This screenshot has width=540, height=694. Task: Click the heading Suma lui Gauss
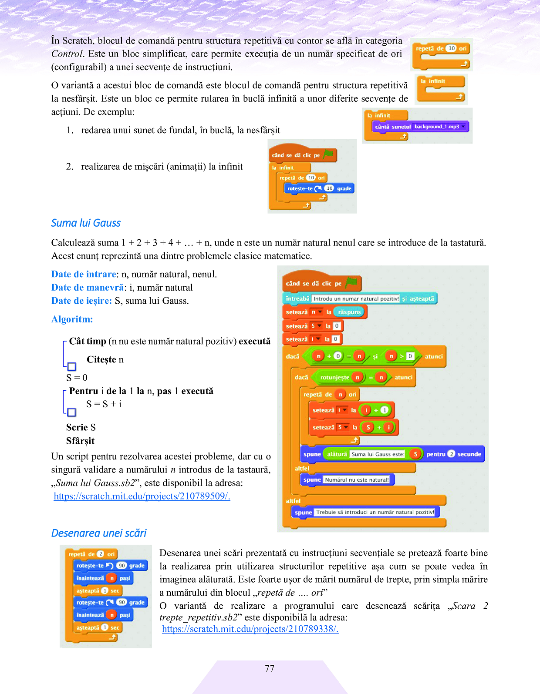pyautogui.click(x=86, y=223)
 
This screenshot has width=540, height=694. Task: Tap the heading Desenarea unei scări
pyautogui.click(x=99, y=533)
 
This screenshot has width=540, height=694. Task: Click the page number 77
pyautogui.click(x=270, y=668)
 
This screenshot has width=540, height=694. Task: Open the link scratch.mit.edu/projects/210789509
pyautogui.click(x=142, y=496)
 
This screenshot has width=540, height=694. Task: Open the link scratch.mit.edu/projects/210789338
pyautogui.click(x=250, y=629)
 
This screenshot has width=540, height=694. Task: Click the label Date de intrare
pyautogui.click(x=84, y=274)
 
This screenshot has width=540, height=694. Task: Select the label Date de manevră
pyautogui.click(x=88, y=287)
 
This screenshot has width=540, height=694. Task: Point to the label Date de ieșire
pyautogui.click(x=81, y=301)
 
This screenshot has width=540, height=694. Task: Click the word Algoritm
pyautogui.click(x=72, y=319)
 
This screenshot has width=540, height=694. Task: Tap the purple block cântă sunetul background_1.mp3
pyautogui.click(x=420, y=127)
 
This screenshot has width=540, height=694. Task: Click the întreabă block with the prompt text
pyautogui.click(x=359, y=298)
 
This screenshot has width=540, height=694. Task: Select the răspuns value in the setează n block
pyautogui.click(x=350, y=312)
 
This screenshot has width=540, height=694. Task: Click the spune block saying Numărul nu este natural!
pyautogui.click(x=347, y=479)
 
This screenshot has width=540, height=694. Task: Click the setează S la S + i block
pyautogui.click(x=353, y=427)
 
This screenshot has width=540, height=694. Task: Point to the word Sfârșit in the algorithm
pyautogui.click(x=80, y=441)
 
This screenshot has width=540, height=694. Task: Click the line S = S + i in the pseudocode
pyautogui.click(x=104, y=404)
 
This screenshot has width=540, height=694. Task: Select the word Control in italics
pyautogui.click(x=67, y=54)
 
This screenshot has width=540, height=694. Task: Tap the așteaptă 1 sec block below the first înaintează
pyautogui.click(x=98, y=590)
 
